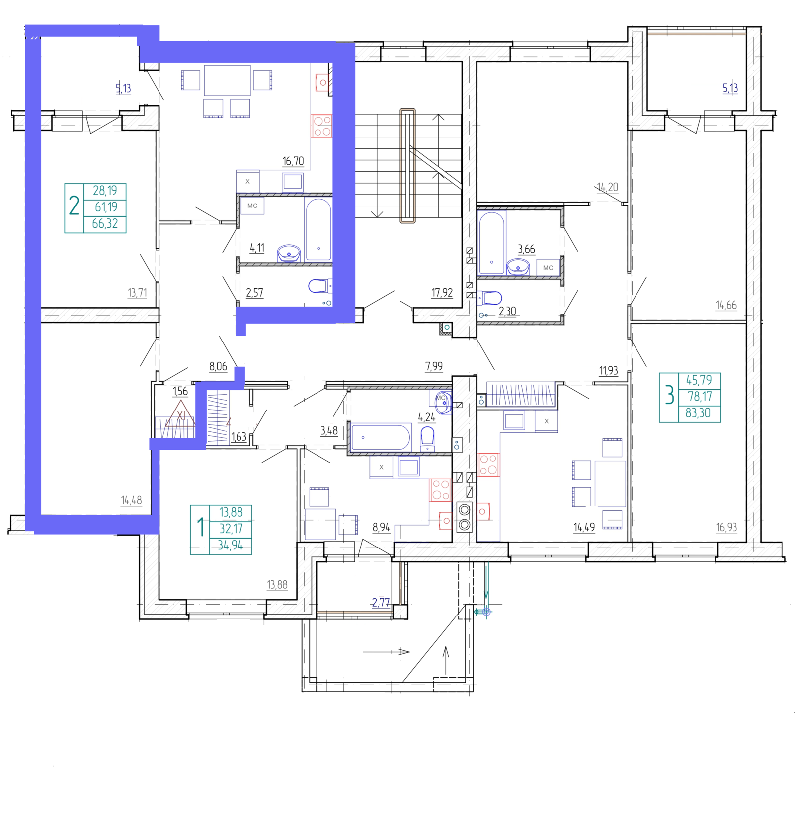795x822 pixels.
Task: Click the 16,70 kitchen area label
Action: (293, 161)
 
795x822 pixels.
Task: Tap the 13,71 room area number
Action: (137, 293)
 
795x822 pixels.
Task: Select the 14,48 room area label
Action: (131, 500)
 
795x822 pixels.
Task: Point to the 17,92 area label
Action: (442, 293)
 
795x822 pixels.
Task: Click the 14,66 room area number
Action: (726, 305)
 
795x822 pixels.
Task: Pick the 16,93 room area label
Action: (726, 527)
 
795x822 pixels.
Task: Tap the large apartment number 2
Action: (74, 205)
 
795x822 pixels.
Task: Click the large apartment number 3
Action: (669, 396)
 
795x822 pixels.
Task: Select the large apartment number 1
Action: (201, 527)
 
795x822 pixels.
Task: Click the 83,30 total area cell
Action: (698, 413)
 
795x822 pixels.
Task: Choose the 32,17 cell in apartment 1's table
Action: (231, 529)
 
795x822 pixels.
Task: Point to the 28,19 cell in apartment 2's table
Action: (105, 191)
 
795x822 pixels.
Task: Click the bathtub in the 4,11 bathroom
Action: (318, 229)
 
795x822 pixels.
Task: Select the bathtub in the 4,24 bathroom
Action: (381, 437)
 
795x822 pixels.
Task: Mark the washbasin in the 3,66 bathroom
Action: (518, 267)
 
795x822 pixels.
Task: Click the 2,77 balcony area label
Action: (381, 603)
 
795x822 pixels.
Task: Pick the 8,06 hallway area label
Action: (218, 367)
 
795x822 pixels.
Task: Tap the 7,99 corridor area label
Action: (434, 366)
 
